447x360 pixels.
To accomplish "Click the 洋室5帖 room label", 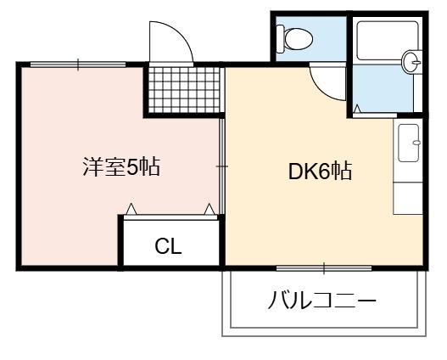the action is click(121, 167).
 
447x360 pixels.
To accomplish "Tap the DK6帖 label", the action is click(320, 172).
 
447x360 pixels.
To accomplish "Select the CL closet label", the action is click(168, 246).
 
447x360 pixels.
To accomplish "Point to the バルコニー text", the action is click(322, 301).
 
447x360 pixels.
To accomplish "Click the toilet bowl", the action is click(299, 39).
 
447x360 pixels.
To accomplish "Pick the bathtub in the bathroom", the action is click(388, 41).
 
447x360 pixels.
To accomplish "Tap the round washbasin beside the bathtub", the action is click(411, 62).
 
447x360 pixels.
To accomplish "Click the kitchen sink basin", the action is click(408, 143).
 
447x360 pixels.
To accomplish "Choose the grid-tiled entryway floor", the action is click(184, 90).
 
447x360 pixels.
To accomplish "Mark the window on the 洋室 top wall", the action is click(78, 65).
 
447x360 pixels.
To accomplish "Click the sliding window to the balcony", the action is click(324, 268).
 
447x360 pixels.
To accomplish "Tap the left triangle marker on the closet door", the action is click(131, 210).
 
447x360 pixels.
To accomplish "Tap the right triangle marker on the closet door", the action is click(209, 210).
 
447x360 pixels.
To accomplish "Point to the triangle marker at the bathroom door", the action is click(357, 109).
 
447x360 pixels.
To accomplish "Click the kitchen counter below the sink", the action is click(408, 198).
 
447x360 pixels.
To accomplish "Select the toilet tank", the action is click(280, 39).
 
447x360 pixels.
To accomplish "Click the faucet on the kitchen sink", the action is click(416, 143).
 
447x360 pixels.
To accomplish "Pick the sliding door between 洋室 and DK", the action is click(221, 166).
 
